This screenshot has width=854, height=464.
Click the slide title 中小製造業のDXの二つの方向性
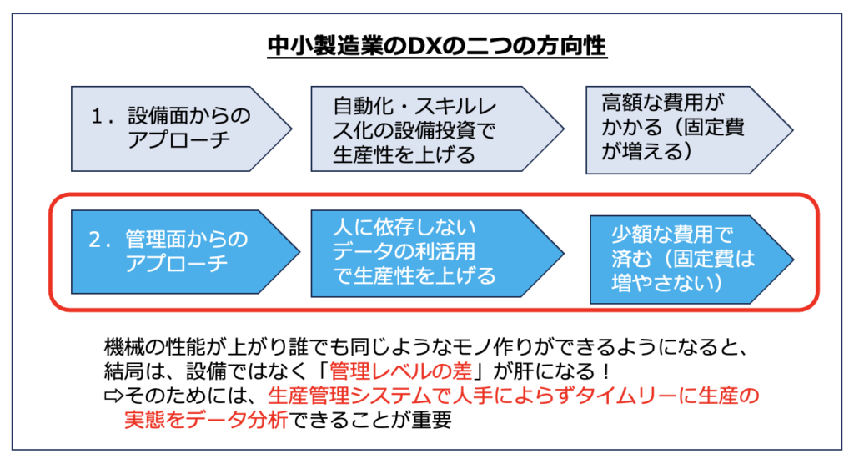[x=437, y=46]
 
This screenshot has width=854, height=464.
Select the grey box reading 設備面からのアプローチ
[x=181, y=129]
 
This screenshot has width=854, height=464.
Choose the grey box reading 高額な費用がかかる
[x=689, y=129]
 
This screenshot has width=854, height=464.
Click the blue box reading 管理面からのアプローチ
[x=185, y=252]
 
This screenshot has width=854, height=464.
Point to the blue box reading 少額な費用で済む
[x=691, y=259]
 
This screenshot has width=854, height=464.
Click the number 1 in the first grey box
[x=98, y=116]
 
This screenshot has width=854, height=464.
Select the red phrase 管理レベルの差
[x=400, y=371]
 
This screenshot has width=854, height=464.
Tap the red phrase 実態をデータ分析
[x=206, y=420]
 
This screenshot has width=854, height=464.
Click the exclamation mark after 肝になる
[x=606, y=371]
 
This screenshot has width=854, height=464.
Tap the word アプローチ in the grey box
[x=179, y=140]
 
